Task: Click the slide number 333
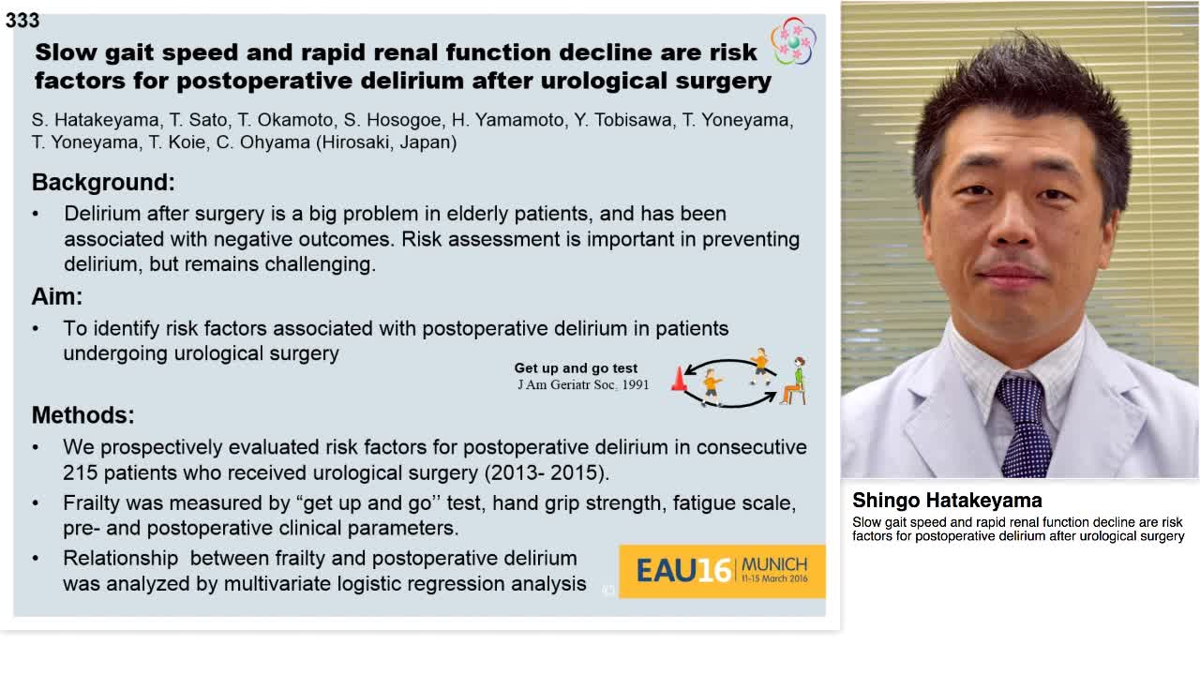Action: (22, 21)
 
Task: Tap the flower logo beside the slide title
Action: (793, 41)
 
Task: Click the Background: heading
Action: (103, 182)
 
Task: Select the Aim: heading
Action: (57, 296)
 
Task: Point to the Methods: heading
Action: (82, 414)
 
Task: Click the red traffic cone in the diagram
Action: (679, 379)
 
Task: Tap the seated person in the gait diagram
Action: (796, 381)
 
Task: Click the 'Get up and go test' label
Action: (576, 368)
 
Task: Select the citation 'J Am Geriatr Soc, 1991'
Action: (583, 384)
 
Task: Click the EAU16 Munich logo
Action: (722, 570)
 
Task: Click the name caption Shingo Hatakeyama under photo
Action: (947, 501)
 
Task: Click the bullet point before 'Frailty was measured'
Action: (36, 503)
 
